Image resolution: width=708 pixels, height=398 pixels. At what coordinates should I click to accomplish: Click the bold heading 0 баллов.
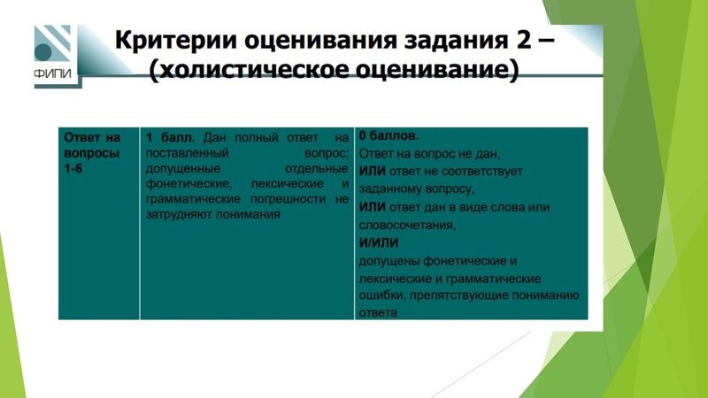389,137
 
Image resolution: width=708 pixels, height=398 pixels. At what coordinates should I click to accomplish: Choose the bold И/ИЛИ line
379,242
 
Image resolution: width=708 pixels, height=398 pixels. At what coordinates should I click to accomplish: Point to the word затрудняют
183,214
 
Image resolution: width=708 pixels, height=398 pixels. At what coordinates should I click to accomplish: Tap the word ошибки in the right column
380,295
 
